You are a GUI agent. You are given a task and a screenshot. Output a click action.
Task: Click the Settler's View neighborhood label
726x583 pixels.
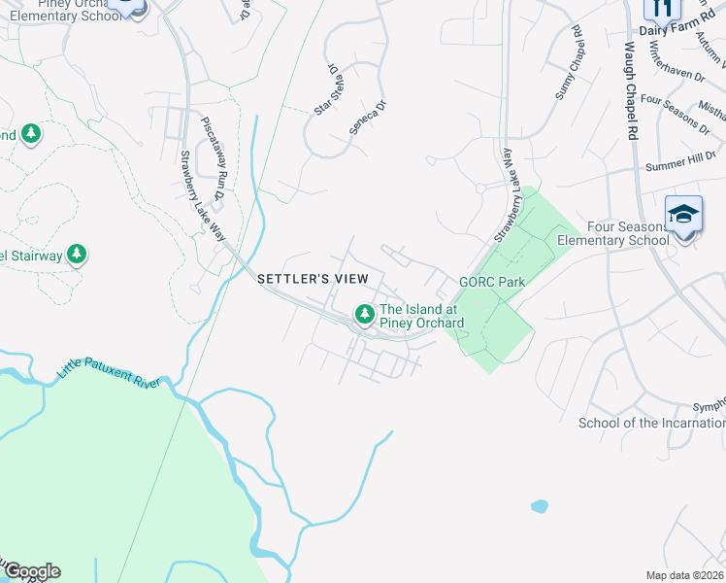313,279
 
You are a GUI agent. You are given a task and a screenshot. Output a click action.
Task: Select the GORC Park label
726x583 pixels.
492,283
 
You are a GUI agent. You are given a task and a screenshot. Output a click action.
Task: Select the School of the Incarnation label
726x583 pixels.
651,423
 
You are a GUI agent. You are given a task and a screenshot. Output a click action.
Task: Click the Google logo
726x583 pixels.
31,571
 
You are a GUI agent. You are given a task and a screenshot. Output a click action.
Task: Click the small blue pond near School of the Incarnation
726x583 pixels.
539,506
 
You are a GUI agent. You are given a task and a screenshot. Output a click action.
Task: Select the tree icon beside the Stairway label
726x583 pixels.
77,256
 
